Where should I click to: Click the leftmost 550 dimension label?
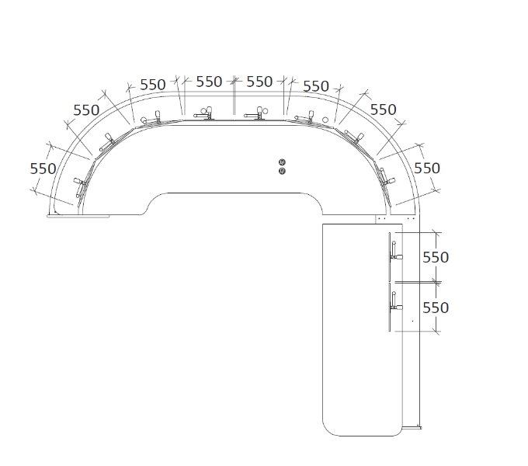point(43,169)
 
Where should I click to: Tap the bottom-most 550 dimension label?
point(436,308)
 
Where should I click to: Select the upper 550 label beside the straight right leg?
point(436,257)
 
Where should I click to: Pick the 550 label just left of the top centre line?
point(209,82)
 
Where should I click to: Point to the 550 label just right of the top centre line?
point(259,82)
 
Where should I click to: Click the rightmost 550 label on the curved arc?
point(427,168)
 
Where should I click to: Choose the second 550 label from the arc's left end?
point(86,110)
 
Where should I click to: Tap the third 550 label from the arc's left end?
point(153,85)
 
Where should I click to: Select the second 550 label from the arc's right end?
point(384,110)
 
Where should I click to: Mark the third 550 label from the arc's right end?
point(316,86)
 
